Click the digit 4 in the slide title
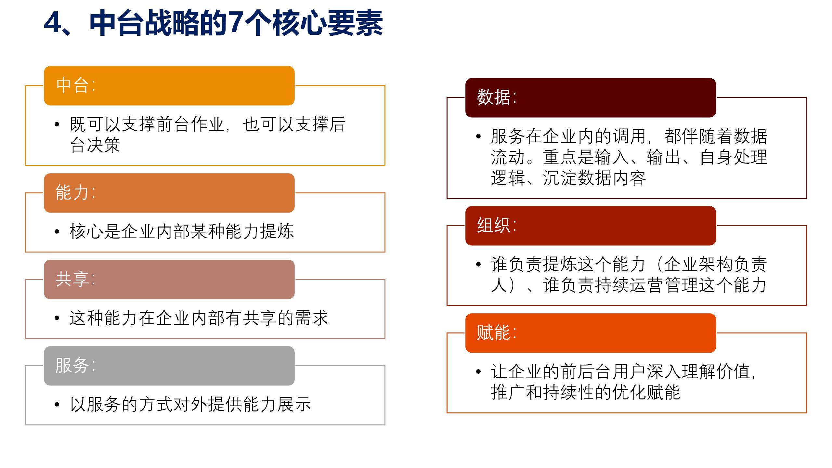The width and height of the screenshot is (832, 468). click(53, 23)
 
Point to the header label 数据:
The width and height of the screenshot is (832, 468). click(497, 97)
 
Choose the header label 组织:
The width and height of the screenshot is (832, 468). click(497, 225)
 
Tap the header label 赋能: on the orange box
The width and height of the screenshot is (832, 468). click(497, 332)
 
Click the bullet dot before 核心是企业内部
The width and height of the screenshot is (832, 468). click(57, 232)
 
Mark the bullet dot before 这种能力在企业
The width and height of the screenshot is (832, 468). click(57, 318)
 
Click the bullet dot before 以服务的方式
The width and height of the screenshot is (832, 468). click(57, 405)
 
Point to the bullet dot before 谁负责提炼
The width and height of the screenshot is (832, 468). click(478, 264)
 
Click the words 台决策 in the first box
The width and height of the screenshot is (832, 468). click(95, 145)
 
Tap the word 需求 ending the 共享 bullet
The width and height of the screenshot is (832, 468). click(311, 318)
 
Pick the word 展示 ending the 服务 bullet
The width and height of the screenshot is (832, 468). click(294, 405)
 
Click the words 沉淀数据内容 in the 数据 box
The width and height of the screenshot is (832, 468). click(594, 178)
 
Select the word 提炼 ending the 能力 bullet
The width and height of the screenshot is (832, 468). click(277, 232)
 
